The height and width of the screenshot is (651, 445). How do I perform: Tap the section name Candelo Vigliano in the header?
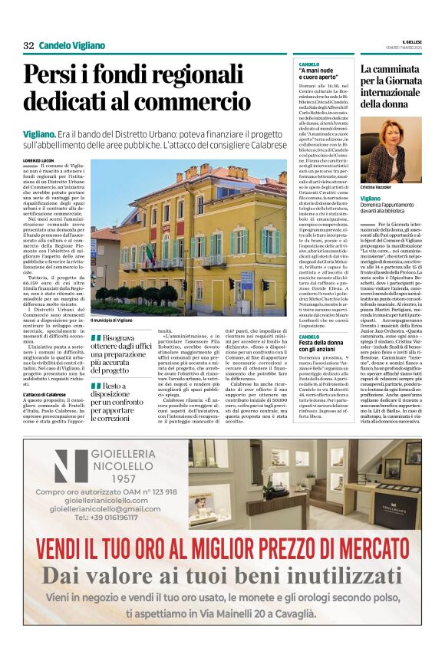coord(72,45)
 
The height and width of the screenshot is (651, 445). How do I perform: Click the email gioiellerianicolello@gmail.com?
coord(105,508)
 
